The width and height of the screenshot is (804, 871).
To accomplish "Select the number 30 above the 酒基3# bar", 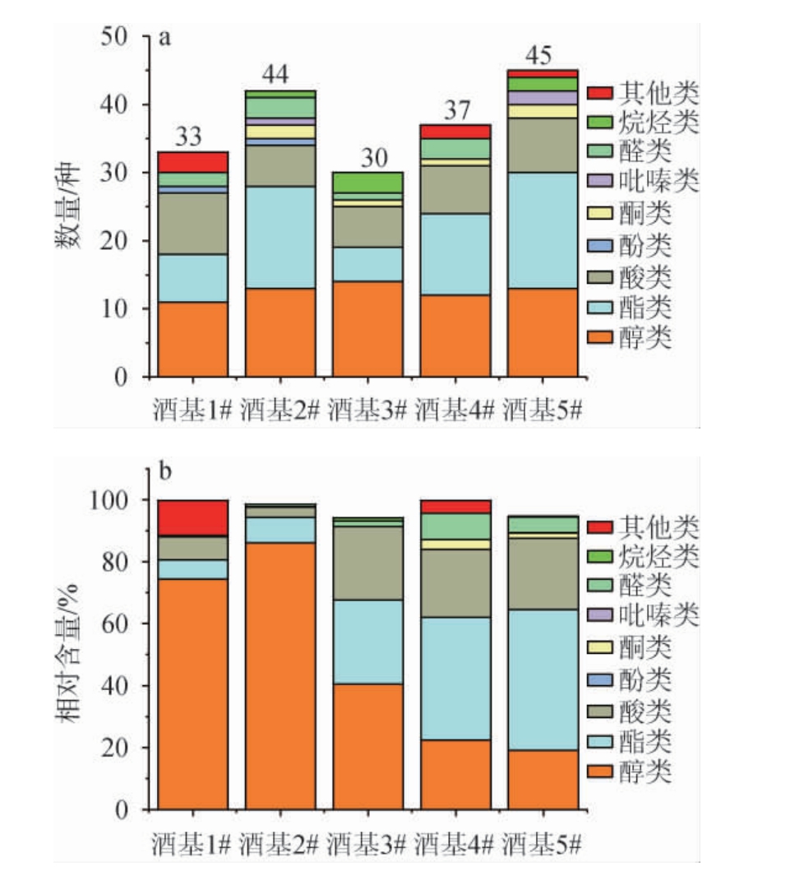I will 367,158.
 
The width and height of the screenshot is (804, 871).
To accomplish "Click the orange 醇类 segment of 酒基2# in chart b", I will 280,674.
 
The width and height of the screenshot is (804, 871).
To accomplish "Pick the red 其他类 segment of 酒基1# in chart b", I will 193,517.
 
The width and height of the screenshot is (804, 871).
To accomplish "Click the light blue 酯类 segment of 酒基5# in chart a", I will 543,230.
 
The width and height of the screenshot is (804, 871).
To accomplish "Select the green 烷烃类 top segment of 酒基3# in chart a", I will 367,182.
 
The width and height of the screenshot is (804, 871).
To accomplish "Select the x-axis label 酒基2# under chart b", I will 280,842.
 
